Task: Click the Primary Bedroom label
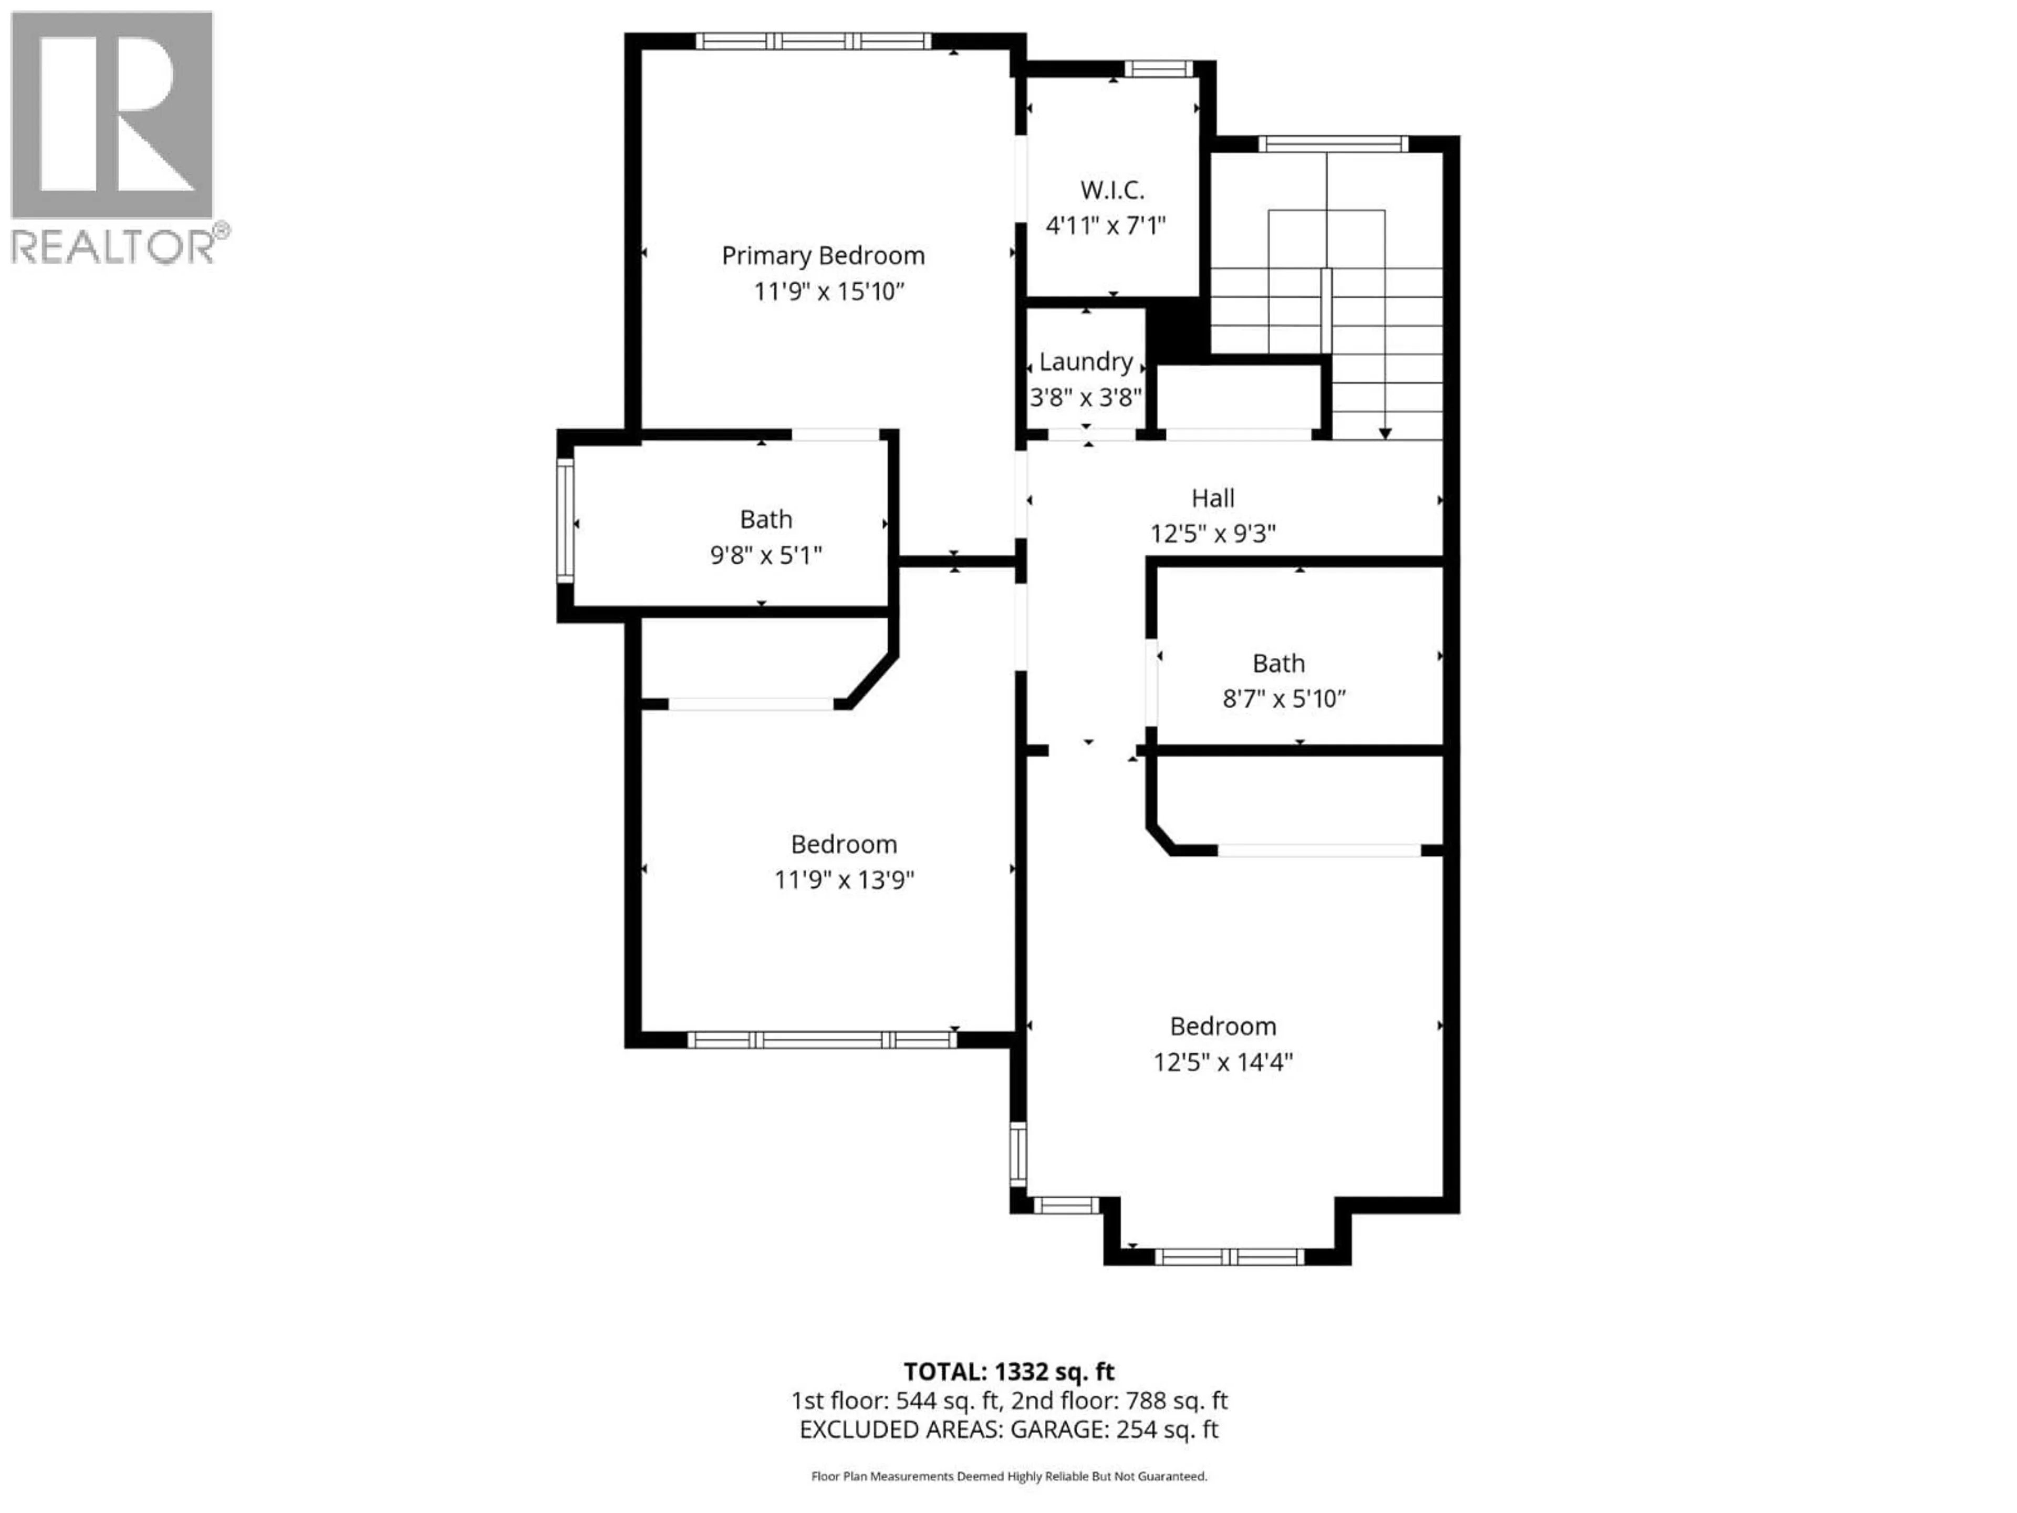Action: (x=823, y=255)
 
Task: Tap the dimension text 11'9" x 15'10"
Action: (x=828, y=292)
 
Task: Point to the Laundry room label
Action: (x=1085, y=362)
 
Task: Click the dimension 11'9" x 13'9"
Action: (x=844, y=880)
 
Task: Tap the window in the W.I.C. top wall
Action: (x=1157, y=68)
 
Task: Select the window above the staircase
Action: (x=1332, y=143)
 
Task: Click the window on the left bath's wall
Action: (x=565, y=521)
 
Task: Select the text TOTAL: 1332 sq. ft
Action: (x=1008, y=1372)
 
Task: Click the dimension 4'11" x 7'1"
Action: (x=1105, y=225)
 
